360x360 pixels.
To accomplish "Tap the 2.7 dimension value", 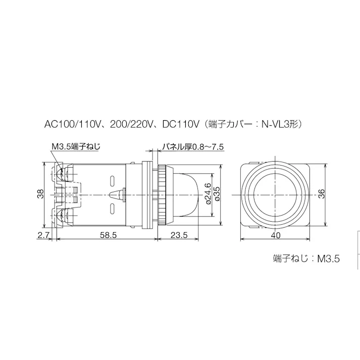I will [x=42, y=235].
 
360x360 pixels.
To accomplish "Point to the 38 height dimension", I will [x=44, y=194].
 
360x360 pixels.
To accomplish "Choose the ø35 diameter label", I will [x=217, y=194].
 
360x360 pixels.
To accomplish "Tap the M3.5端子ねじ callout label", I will [x=76, y=147].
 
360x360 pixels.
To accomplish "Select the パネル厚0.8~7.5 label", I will [x=192, y=147].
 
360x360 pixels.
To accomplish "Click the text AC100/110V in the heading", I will [x=72, y=123].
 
